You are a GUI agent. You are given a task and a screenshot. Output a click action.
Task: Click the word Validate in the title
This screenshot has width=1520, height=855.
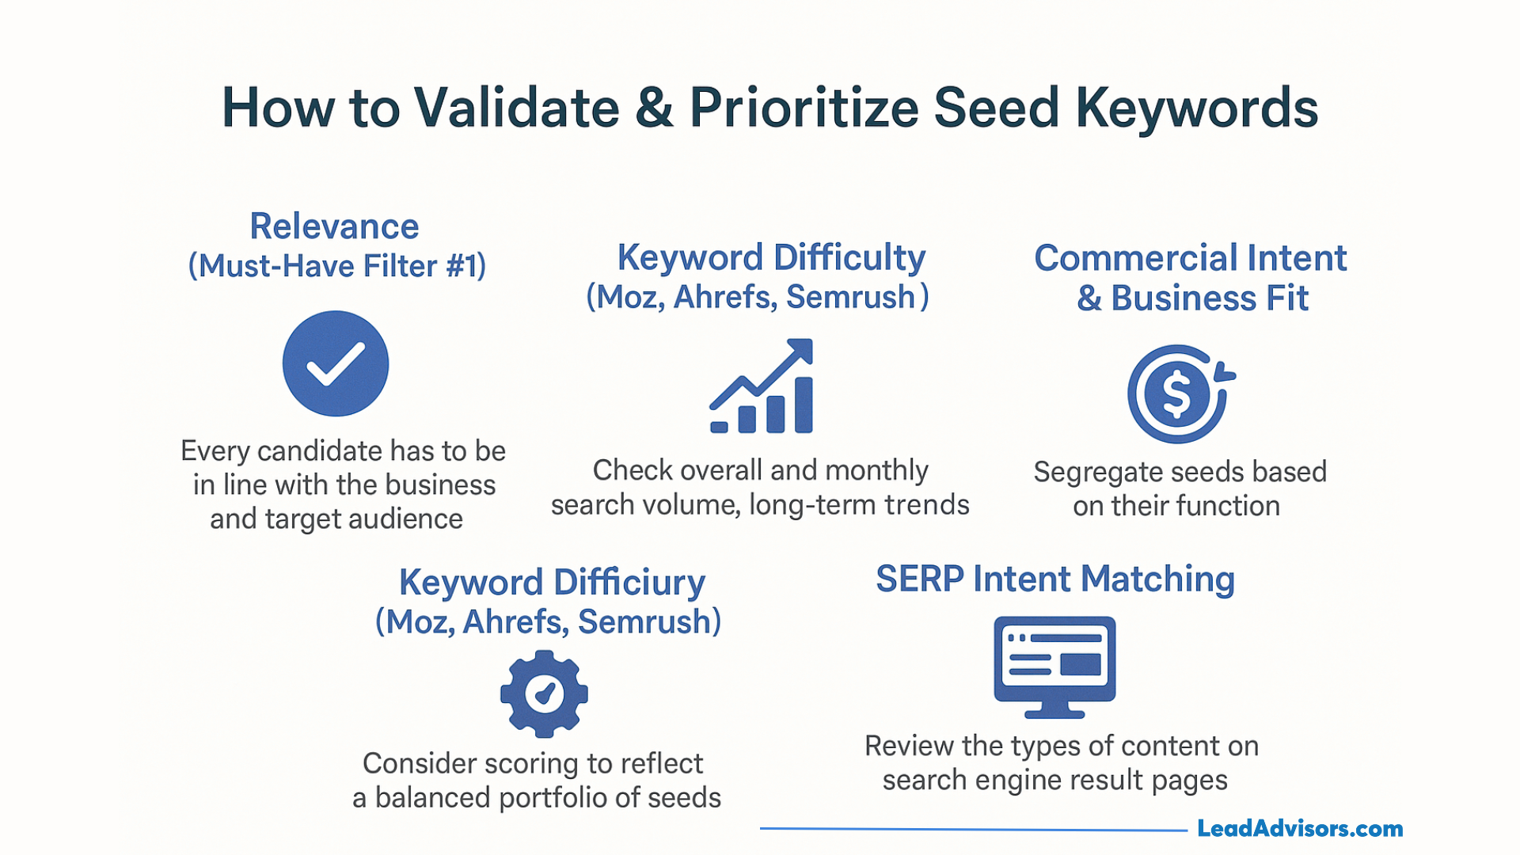(x=515, y=108)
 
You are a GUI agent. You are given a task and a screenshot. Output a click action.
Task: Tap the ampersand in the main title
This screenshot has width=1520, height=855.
(x=654, y=108)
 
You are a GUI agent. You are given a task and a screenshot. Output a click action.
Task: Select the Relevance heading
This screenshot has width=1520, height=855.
(x=334, y=226)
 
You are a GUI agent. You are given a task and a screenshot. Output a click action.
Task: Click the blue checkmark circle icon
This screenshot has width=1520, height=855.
(x=336, y=363)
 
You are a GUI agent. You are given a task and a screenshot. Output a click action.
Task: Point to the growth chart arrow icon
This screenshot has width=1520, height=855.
(x=762, y=386)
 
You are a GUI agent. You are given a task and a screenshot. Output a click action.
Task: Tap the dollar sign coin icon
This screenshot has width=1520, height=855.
(x=1178, y=393)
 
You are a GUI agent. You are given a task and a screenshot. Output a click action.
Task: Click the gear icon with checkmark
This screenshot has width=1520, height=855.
(x=544, y=693)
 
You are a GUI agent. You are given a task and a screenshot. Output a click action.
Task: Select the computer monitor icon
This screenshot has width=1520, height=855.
(x=1054, y=666)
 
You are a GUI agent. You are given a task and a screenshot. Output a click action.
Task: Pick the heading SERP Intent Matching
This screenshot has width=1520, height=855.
(x=1054, y=579)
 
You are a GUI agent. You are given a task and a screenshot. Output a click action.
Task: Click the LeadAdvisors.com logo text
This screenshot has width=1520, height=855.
(x=1299, y=829)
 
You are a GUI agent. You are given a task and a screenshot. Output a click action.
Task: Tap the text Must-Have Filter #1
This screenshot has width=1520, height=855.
(x=336, y=266)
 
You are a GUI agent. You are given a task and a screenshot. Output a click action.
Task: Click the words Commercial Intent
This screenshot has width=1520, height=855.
(x=1190, y=258)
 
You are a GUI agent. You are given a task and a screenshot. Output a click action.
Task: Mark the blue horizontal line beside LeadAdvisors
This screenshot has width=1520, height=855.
(x=974, y=829)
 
